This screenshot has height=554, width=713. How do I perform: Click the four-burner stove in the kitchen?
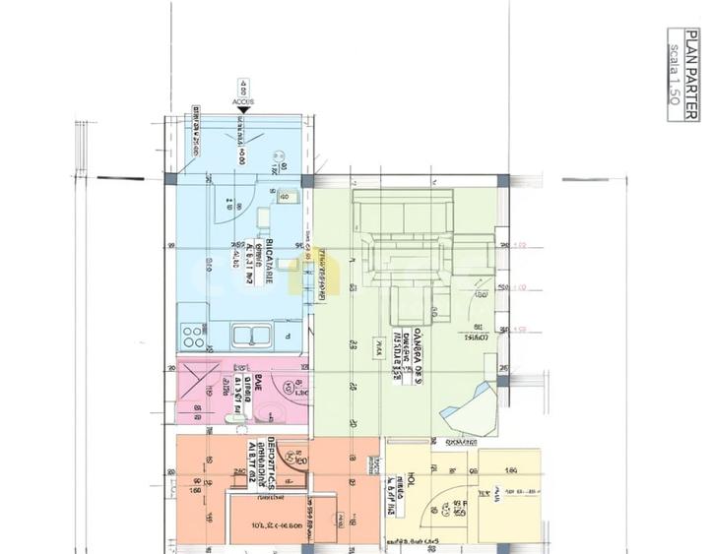pyautogui.click(x=193, y=338)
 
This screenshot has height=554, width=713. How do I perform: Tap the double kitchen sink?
pyautogui.click(x=251, y=337)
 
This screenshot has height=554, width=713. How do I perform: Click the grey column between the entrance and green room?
pyautogui.click(x=308, y=182)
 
